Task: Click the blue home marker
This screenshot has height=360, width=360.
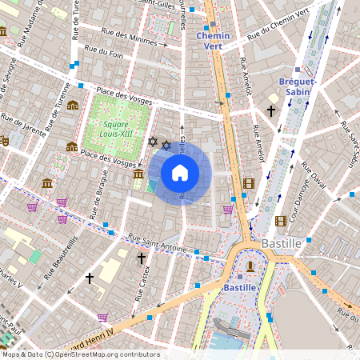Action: [180, 173]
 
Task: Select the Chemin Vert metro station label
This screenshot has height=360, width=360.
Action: [213, 41]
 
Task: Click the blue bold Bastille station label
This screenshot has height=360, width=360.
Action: [239, 286]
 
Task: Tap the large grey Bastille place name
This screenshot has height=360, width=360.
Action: [281, 242]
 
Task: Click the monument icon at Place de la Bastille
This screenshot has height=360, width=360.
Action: [251, 266]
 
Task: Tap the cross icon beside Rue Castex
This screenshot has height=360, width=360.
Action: [142, 258]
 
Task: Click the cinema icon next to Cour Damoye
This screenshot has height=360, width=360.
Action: [281, 221]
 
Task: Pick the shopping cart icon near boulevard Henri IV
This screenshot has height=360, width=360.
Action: [102, 317]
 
